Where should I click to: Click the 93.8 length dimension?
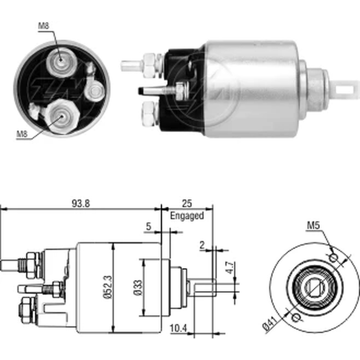click(81, 203)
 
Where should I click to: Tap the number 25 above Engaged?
click(186, 203)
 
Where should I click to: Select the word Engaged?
click(187, 216)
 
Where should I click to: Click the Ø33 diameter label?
click(138, 287)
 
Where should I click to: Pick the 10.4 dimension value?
click(179, 329)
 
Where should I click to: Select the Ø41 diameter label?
click(270, 323)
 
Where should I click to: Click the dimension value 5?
click(149, 226)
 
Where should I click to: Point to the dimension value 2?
click(202, 245)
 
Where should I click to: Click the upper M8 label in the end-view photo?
click(44, 26)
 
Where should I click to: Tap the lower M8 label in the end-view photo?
click(22, 134)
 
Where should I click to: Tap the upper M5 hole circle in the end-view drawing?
click(333, 258)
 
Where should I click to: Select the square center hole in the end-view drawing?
click(314, 287)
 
